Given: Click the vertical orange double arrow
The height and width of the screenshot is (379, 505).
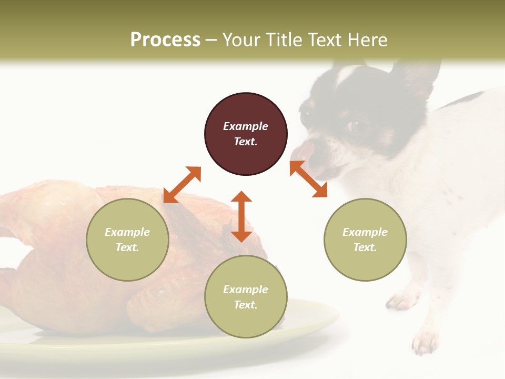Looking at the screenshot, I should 241,216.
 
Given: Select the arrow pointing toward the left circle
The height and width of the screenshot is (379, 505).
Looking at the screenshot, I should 182,185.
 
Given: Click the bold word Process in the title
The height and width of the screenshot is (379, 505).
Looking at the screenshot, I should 165,40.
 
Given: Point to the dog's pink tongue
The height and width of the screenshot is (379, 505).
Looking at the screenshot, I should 301,150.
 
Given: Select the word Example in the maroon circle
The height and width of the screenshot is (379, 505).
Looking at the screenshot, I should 246,126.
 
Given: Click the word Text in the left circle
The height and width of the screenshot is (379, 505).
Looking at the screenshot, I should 127,247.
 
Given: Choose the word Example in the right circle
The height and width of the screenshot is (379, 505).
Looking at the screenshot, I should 365,232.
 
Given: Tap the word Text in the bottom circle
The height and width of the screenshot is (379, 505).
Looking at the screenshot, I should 246,305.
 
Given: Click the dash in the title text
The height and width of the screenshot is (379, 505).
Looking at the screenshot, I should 211,40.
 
